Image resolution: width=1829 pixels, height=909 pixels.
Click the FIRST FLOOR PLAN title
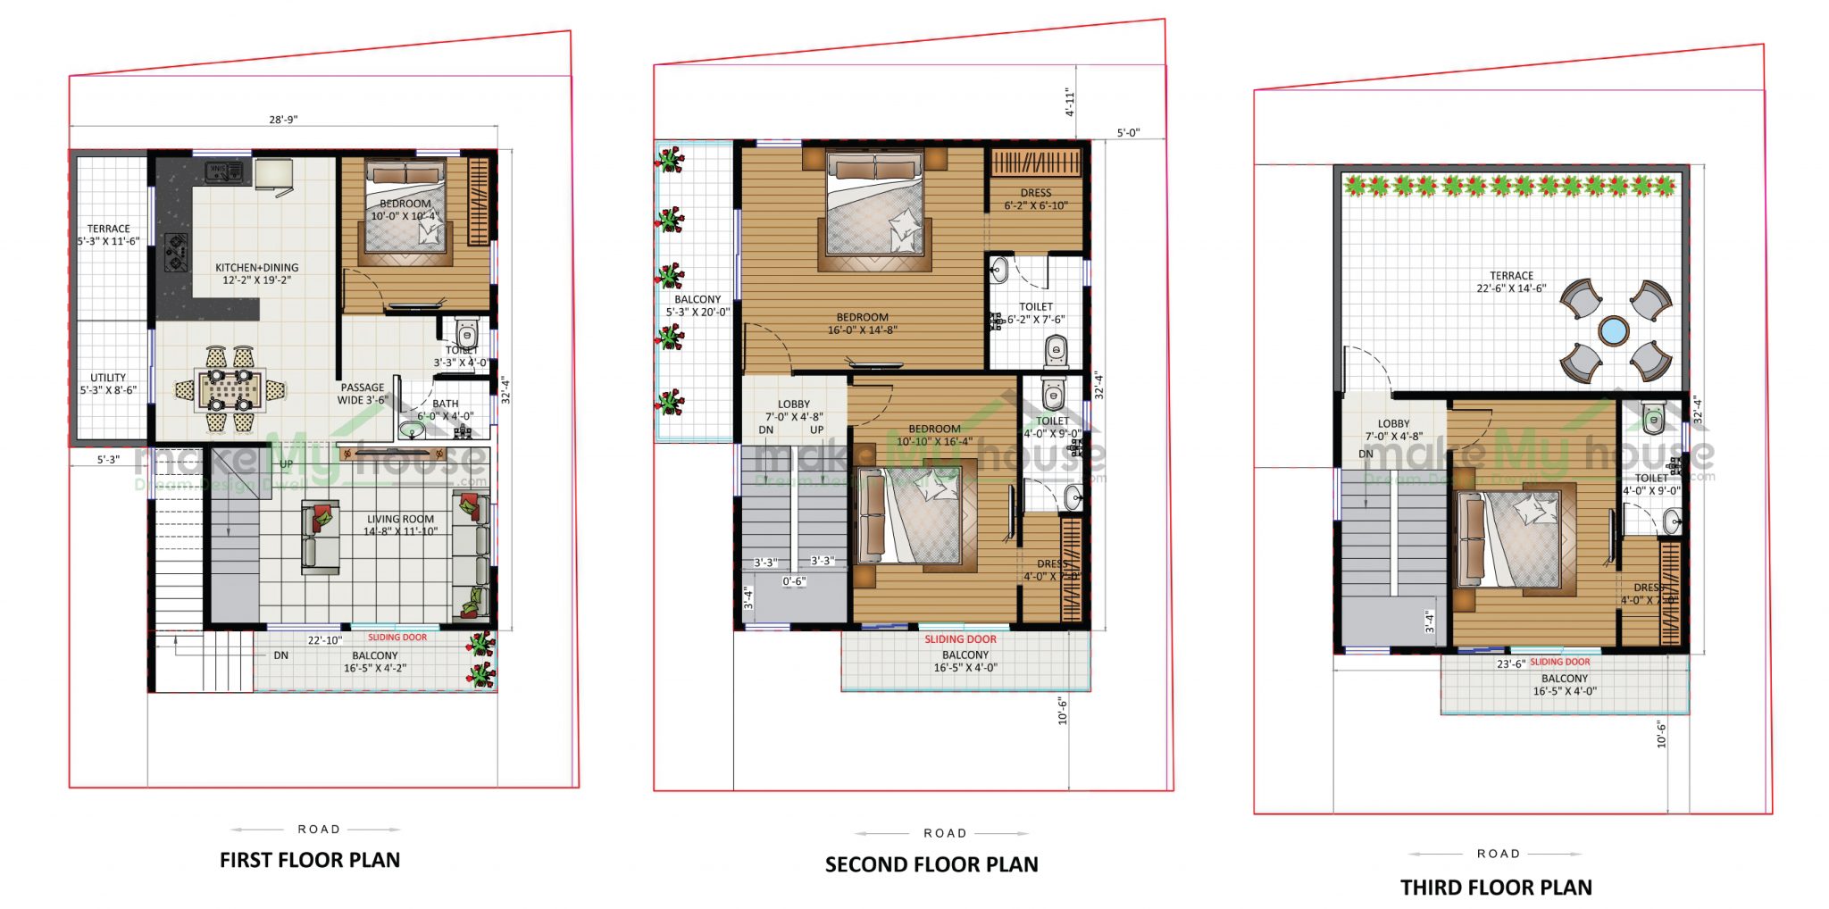tap(310, 860)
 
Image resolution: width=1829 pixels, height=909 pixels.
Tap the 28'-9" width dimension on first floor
tap(283, 120)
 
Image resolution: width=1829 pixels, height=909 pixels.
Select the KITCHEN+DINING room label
tap(257, 273)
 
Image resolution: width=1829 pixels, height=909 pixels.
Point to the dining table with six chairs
tap(230, 390)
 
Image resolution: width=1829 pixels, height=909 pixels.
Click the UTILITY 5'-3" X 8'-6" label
tap(108, 384)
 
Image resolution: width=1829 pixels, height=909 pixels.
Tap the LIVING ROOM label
tap(400, 525)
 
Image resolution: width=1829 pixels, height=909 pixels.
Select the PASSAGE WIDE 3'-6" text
tap(362, 394)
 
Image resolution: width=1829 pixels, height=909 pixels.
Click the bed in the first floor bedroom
tap(406, 214)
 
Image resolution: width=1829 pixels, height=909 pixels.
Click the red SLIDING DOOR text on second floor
tap(960, 639)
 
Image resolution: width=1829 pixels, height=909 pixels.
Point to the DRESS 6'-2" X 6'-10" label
tap(1036, 199)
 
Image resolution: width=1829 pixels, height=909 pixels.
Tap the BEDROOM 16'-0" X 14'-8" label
tap(862, 323)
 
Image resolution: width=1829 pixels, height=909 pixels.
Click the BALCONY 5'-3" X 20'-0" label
tap(697, 306)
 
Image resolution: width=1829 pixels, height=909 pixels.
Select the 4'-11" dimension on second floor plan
tap(1069, 102)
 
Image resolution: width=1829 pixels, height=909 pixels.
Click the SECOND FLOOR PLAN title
tap(931, 864)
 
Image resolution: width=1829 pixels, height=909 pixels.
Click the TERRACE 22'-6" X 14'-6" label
tap(1511, 282)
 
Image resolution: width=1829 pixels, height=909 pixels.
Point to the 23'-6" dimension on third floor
tap(1510, 663)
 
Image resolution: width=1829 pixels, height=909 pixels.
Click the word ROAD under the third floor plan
tap(1498, 854)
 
